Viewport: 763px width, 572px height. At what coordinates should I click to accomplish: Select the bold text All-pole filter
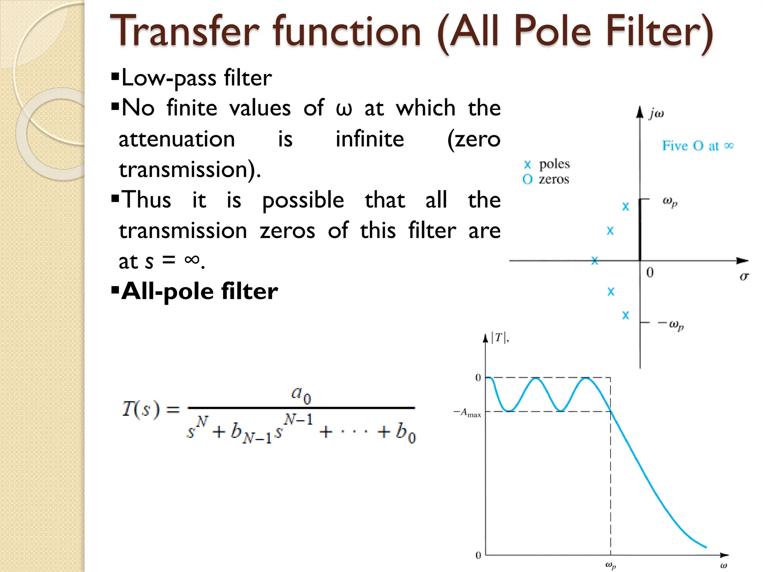[199, 291]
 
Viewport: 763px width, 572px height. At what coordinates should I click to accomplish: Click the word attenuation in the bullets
[177, 139]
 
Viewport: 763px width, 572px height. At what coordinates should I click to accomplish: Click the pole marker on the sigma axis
[595, 261]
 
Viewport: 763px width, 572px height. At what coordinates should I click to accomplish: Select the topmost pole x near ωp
[626, 207]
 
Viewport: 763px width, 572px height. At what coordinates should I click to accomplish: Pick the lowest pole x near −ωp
[626, 315]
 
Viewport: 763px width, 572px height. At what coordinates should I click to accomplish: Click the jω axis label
[656, 113]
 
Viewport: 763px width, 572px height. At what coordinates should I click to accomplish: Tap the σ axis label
[744, 276]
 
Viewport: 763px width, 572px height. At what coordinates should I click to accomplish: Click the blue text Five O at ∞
[697, 146]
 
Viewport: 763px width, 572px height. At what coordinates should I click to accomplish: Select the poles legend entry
[547, 164]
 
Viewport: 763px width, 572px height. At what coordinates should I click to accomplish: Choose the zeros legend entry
[546, 179]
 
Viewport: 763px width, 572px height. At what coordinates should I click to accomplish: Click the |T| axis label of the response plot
[499, 338]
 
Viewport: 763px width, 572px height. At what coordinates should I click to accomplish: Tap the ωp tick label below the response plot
[610, 565]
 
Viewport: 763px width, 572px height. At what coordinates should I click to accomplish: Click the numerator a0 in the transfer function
[301, 394]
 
